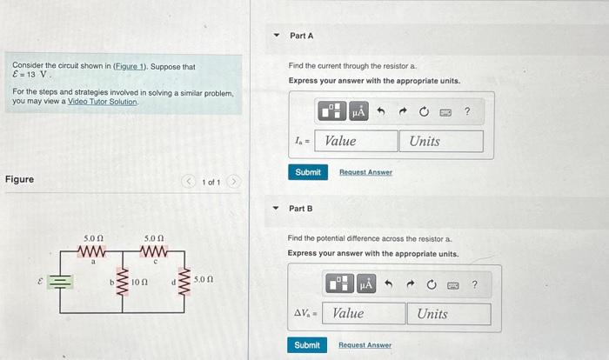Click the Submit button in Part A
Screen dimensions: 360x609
click(x=308, y=172)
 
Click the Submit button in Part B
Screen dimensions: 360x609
click(x=307, y=345)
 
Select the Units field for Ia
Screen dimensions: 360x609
click(x=441, y=141)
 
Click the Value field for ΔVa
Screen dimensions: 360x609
click(x=365, y=313)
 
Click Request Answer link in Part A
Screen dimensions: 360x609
click(x=365, y=172)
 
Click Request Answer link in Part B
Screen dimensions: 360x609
click(x=365, y=345)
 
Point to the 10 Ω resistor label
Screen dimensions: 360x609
click(x=139, y=283)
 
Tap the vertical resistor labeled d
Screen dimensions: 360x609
click(x=185, y=282)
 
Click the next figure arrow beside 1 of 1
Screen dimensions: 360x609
click(x=233, y=182)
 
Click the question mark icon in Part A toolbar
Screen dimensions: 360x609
click(x=467, y=111)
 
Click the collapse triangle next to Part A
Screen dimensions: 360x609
click(x=277, y=36)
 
